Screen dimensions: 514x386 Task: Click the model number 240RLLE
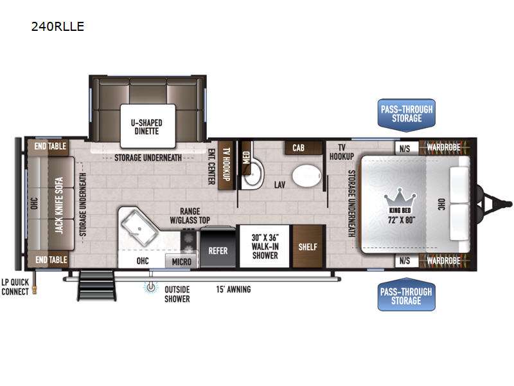(x=58, y=26)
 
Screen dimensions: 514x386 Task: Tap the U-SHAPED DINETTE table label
(x=146, y=127)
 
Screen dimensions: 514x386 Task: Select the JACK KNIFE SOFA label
(x=58, y=205)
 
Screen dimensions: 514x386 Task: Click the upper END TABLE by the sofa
(x=50, y=147)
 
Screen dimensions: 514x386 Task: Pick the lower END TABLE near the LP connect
(x=51, y=260)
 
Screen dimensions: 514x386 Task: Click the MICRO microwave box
(x=181, y=262)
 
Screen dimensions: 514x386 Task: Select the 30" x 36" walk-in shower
(x=265, y=246)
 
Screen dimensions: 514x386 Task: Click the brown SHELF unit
(x=308, y=246)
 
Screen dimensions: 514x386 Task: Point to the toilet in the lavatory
(x=306, y=176)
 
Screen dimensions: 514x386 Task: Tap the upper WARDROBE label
(x=443, y=147)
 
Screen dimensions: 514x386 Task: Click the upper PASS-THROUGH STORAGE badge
(x=407, y=115)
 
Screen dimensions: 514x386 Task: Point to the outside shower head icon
(x=151, y=287)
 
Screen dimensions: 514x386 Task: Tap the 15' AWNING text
(x=233, y=289)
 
